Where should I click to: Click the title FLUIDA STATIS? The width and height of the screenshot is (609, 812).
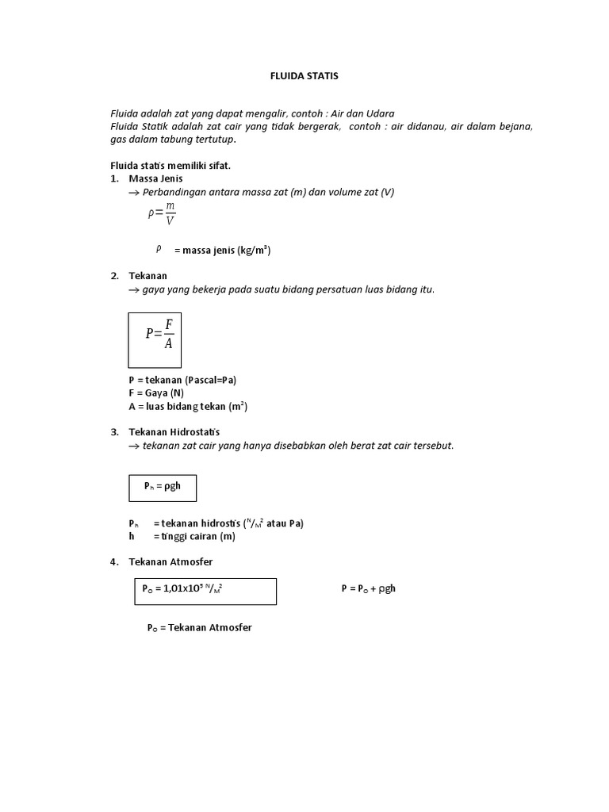[x=305, y=76]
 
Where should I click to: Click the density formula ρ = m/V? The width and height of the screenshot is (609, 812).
[x=162, y=213]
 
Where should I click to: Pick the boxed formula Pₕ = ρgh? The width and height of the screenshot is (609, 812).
[x=162, y=486]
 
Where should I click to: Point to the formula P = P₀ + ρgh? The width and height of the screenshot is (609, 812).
[x=368, y=588]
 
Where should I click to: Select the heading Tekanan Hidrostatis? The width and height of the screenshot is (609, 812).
[x=174, y=432]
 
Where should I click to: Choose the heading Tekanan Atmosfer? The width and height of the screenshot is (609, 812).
[x=170, y=562]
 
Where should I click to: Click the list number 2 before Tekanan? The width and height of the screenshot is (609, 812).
[x=114, y=276]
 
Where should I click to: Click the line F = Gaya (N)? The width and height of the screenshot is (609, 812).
[x=156, y=393]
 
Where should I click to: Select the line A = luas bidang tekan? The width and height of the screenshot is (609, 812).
[x=188, y=407]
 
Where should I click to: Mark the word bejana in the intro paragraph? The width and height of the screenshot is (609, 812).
[x=516, y=126]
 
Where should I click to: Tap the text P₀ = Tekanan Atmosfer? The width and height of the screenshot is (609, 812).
[x=199, y=627]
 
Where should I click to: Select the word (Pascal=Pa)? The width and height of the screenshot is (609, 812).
[x=209, y=380]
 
